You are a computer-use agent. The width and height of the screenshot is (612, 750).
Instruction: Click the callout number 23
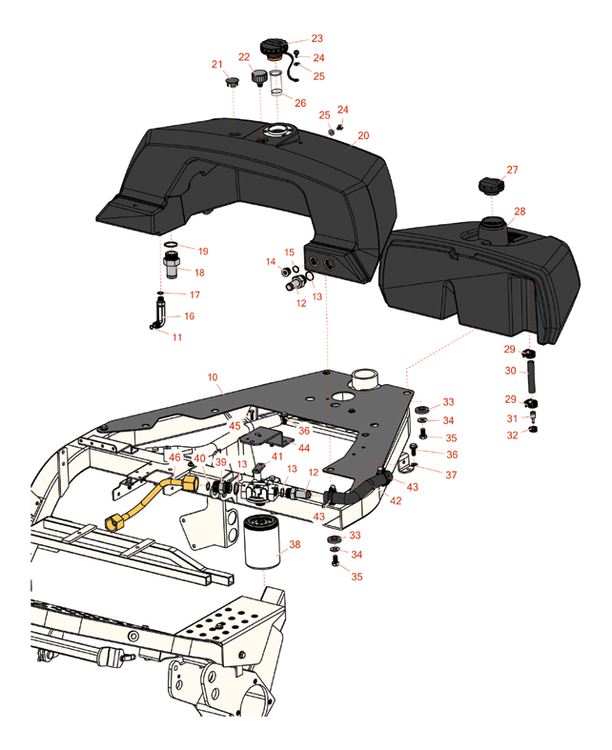tap(317, 39)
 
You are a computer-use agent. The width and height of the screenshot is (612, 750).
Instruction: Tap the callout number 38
tap(295, 544)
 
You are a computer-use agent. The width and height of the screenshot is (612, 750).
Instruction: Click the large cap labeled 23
tap(271, 48)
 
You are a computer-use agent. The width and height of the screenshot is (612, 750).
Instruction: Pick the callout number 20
tap(363, 136)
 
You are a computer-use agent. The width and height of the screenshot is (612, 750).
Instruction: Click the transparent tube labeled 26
tap(275, 83)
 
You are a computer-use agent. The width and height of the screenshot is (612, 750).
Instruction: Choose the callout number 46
tap(175, 457)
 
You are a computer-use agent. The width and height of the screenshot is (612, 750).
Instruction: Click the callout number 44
tap(304, 447)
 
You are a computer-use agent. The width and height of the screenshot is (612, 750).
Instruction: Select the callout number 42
tap(395, 499)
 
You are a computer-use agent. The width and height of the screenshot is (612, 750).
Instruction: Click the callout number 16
tap(189, 315)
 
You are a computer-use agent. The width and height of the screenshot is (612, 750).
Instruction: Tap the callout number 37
tap(451, 474)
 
